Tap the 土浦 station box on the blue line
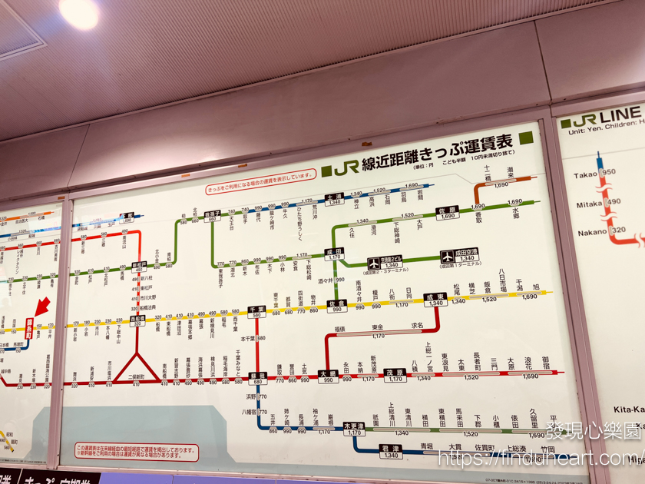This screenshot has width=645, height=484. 335,199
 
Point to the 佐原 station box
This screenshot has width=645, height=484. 448,213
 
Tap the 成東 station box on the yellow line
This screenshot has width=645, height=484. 436,300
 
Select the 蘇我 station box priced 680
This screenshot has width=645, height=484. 256,378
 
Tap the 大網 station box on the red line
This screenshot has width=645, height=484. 328,376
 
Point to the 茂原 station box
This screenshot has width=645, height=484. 395,376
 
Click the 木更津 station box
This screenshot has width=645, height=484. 354,429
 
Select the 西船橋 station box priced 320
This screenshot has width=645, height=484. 137,320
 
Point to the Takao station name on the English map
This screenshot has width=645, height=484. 586,175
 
